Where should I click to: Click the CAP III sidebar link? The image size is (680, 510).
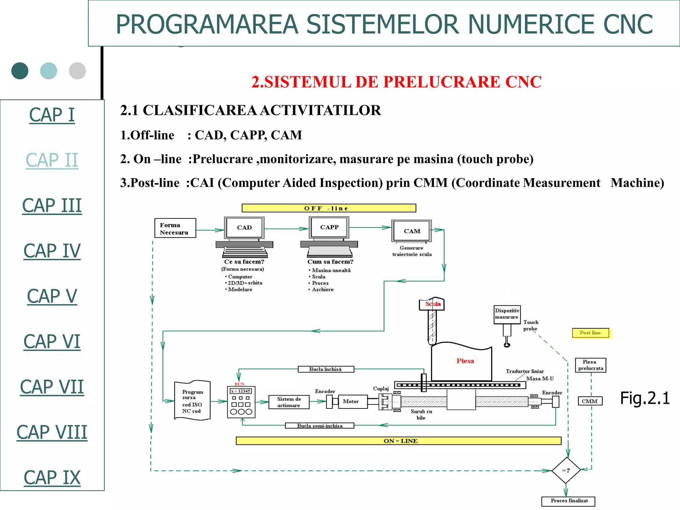point(52,206)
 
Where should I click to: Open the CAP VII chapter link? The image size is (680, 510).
point(52,387)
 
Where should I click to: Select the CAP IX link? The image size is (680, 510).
point(52,477)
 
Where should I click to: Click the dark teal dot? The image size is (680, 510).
point(20,71)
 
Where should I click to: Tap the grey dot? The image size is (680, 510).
point(77,71)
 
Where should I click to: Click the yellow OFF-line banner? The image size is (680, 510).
point(329,208)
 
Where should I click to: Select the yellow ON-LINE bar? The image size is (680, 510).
point(398,441)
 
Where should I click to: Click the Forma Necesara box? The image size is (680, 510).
point(175,228)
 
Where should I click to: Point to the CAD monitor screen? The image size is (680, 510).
point(244,227)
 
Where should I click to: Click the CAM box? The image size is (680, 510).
point(412,231)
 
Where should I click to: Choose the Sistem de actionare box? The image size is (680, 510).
point(289,402)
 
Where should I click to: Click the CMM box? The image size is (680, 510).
point(590,401)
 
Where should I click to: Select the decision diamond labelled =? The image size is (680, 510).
point(566,470)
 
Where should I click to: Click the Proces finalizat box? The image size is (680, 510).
point(568,501)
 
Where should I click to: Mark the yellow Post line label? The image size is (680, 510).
point(590,333)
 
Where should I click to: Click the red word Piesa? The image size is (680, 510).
point(465,361)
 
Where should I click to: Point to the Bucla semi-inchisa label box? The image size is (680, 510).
point(319,426)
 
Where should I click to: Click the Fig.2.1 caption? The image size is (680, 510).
point(645,398)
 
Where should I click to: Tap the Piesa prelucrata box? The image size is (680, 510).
point(590,365)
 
